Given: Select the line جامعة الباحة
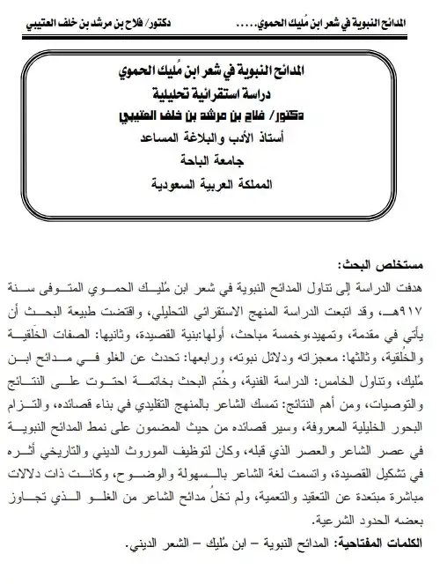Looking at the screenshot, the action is [x=224, y=162].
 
